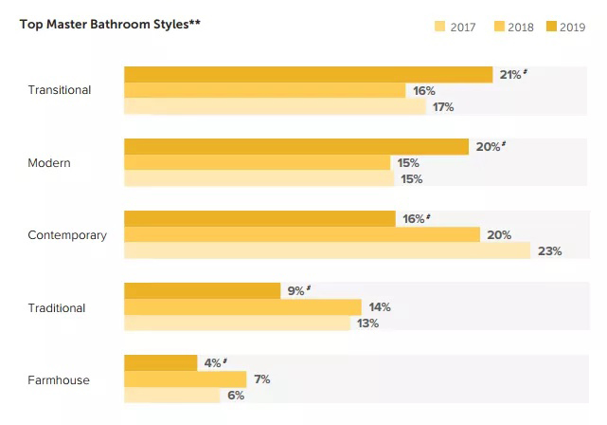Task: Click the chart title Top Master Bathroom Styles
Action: pyautogui.click(x=109, y=23)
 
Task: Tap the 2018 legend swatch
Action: pyautogui.click(x=499, y=27)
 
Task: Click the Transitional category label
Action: pyautogui.click(x=60, y=90)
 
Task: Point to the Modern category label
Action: pyautogui.click(x=49, y=163)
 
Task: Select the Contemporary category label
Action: pyautogui.click(x=67, y=235)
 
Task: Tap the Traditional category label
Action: pyautogui.click(x=57, y=307)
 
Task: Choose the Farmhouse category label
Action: pyautogui.click(x=59, y=380)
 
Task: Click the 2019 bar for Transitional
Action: pyautogui.click(x=308, y=74)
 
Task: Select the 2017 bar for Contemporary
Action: pyautogui.click(x=327, y=250)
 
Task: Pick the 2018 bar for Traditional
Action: pyautogui.click(x=242, y=307)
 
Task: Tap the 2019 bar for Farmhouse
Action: pyautogui.click(x=160, y=363)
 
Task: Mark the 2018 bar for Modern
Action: pyautogui.click(x=257, y=163)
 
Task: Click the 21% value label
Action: pyautogui.click(x=510, y=74)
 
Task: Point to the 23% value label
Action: pyautogui.click(x=549, y=251)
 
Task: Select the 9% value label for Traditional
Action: pyautogui.click(x=296, y=291)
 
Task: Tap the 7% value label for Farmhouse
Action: pyautogui.click(x=262, y=379)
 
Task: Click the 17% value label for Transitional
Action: pyautogui.click(x=443, y=106)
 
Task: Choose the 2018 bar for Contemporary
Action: pyautogui.click(x=302, y=234)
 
